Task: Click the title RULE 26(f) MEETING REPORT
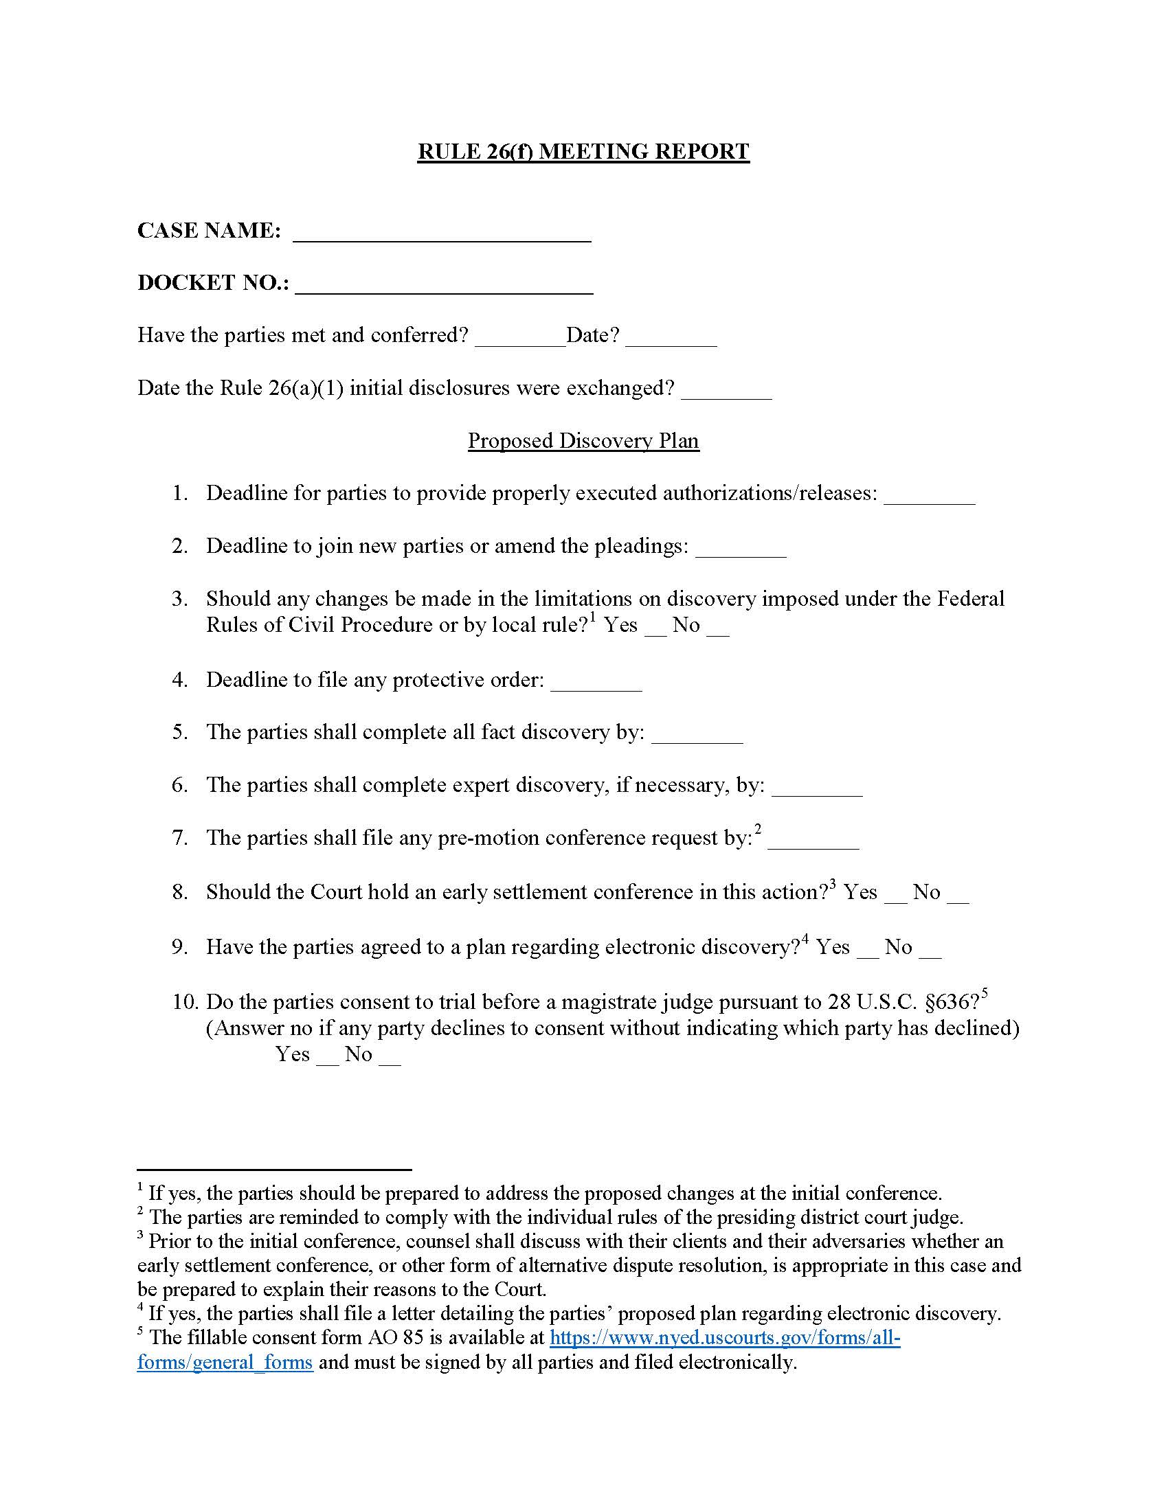coord(583,152)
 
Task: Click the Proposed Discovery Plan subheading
coord(583,441)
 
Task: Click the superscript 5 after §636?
coord(985,995)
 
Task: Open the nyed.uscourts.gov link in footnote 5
coord(724,1337)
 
